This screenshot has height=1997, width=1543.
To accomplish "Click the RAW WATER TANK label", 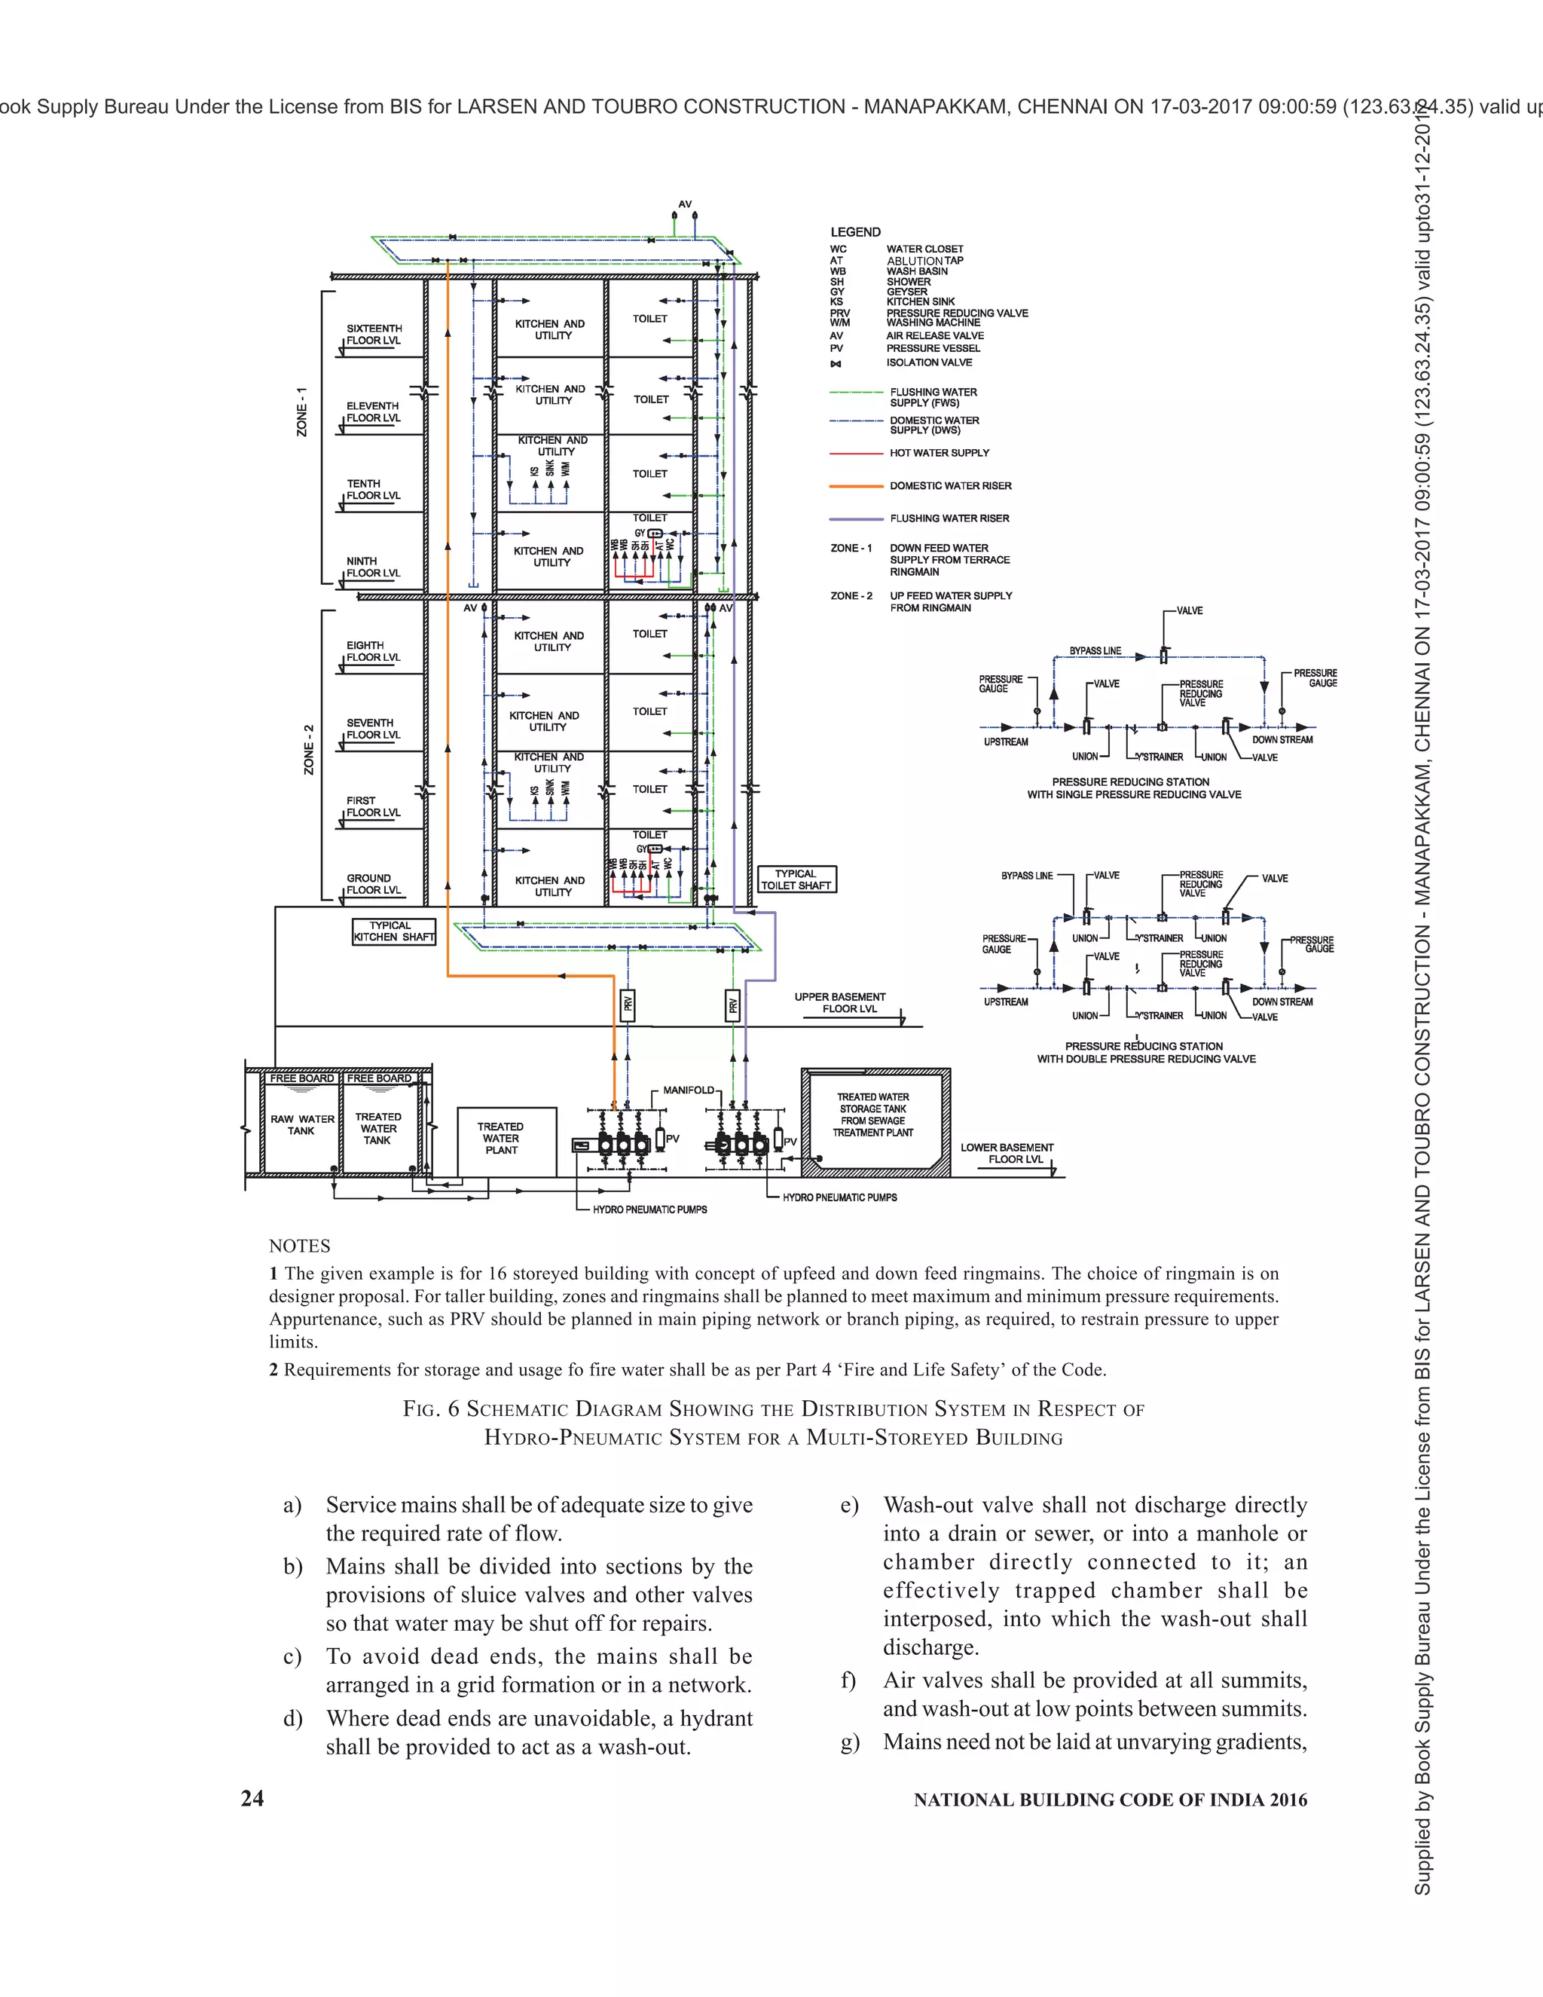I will pyautogui.click(x=301, y=1124).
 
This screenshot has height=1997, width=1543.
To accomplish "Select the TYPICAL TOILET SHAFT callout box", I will pyautogui.click(x=796, y=879).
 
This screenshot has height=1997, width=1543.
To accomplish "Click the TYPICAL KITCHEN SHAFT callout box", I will pyautogui.click(x=393, y=931).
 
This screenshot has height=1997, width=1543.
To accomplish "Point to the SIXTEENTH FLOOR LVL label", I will pyautogui.click(x=374, y=335).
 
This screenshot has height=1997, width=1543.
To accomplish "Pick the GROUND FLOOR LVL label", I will pyautogui.click(x=373, y=884).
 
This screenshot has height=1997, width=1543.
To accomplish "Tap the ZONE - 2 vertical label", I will pyautogui.click(x=309, y=750).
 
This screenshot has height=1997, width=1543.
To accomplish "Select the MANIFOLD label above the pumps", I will pyautogui.click(x=689, y=1090).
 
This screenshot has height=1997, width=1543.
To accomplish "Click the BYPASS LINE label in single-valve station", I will pyautogui.click(x=1095, y=651).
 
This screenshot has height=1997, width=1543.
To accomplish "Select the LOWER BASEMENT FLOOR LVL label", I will pyautogui.click(x=1007, y=1153).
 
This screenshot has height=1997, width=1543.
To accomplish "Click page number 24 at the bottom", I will pyautogui.click(x=252, y=1799).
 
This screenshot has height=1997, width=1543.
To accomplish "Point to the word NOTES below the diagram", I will pyautogui.click(x=299, y=1246).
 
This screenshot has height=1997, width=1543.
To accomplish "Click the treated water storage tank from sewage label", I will pyautogui.click(x=873, y=1115).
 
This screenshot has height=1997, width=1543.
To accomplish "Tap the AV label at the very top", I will pyautogui.click(x=685, y=205).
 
